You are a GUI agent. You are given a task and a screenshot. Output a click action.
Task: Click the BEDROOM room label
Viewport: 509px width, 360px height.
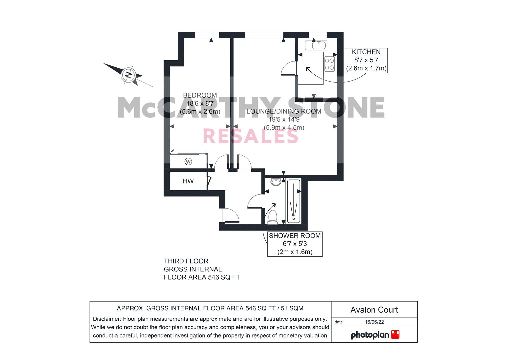point(200,95)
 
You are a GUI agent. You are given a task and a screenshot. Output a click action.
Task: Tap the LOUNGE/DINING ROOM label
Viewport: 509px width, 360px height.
point(284,111)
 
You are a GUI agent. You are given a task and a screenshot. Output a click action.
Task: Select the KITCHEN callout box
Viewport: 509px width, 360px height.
point(366,60)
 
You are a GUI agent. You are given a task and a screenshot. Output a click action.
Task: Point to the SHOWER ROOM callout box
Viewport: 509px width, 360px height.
point(295,244)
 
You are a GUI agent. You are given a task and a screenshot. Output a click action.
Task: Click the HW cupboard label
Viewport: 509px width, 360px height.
point(188,181)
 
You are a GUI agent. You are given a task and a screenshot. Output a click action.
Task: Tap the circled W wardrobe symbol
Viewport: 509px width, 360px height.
point(188,162)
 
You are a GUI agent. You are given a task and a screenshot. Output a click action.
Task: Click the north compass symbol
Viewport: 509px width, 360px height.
point(128,74)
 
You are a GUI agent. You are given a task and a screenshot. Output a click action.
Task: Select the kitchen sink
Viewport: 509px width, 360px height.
point(316,45)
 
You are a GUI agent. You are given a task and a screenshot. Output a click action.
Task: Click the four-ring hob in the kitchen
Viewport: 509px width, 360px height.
point(330,64)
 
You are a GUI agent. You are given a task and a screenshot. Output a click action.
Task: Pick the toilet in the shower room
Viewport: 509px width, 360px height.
point(273,216)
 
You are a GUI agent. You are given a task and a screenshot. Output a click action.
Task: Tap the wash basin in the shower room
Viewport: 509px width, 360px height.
point(276,182)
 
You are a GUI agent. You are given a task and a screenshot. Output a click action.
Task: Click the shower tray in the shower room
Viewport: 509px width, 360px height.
point(293,201)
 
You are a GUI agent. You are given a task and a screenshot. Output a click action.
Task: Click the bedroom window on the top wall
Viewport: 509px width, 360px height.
point(207,35)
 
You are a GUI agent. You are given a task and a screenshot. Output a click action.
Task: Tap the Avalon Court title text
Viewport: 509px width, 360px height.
point(374,310)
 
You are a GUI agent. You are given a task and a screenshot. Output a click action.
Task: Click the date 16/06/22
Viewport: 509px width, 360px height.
point(374,322)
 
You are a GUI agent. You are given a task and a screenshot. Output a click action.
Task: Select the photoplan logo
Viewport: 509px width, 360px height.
point(375,335)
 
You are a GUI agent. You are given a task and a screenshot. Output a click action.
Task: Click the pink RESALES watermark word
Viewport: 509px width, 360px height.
point(250,136)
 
